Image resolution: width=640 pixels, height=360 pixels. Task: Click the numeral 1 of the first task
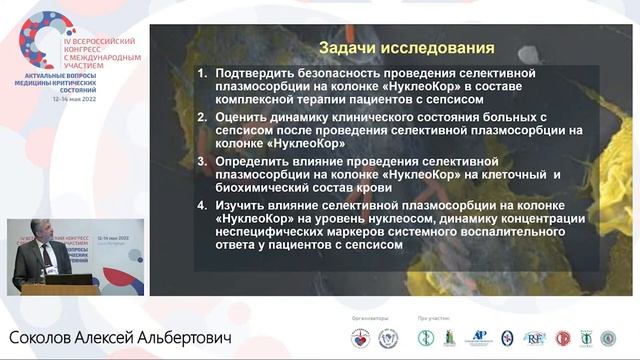202,74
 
